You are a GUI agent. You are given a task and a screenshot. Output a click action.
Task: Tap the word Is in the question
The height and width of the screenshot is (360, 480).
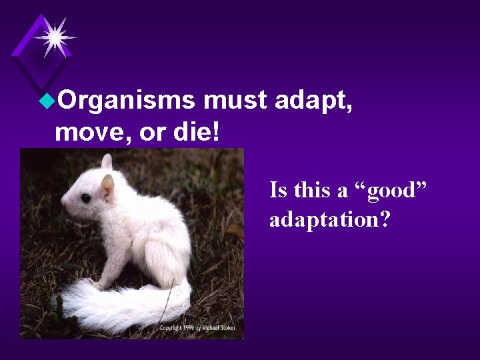click(x=278, y=191)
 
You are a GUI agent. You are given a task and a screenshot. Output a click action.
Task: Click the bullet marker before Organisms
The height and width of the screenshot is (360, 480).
click(x=47, y=101)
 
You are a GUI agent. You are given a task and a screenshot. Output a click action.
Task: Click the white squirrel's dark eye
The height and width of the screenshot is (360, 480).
click(x=86, y=198)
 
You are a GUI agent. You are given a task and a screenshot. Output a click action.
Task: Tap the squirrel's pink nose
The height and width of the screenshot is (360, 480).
click(x=64, y=200)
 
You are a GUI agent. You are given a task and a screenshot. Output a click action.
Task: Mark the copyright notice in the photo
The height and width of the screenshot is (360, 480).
click(x=200, y=328)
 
